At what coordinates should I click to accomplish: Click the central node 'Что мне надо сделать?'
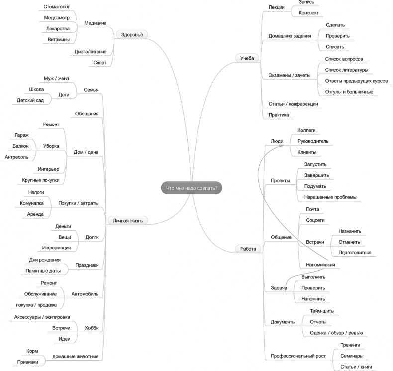pos(192,188)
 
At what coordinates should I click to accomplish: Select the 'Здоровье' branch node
pos(132,34)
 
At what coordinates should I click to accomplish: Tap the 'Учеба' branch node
pos(247,58)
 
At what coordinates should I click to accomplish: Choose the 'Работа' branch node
pos(248,248)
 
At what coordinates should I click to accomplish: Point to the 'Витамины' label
pos(58,39)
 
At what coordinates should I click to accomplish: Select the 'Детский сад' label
pos(30,100)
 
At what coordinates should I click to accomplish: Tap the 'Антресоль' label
pos(17,157)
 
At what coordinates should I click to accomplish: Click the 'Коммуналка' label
pos(31,203)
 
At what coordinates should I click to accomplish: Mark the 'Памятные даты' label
pos(43,270)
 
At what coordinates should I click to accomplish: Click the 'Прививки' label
pos(28,362)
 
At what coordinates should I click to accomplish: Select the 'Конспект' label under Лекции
pos(308,13)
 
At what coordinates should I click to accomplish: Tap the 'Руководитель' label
pos(313,141)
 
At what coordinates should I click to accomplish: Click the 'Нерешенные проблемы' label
pos(330,197)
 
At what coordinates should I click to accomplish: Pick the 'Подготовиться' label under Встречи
pos(355,252)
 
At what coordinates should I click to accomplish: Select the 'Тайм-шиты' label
pos(322,311)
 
